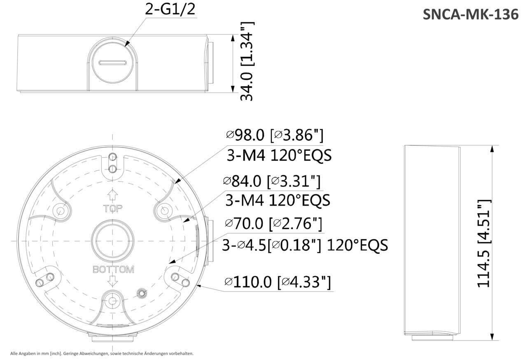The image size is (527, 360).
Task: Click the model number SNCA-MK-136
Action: coord(471,14)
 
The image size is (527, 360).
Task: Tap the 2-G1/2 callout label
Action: coord(170,9)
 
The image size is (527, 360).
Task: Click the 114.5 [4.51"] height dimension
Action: coord(484,243)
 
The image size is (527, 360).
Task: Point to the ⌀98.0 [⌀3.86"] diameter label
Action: coord(275,135)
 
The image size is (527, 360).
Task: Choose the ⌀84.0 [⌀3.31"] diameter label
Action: coord(271,181)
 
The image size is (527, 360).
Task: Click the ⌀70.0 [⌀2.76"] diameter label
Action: coord(273,224)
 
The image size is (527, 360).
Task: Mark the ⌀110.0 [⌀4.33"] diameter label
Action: coord(277,282)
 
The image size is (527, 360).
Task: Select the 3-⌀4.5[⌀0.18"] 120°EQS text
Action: coord(305,245)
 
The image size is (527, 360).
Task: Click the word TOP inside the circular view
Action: coord(113,209)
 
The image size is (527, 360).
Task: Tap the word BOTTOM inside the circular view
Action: coord(113,270)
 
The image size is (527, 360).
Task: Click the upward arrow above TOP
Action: coord(113,195)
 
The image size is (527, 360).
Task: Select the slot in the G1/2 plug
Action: coord(112,63)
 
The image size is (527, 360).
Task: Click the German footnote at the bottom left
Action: coord(102,353)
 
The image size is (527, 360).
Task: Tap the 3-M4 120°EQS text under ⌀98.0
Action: coord(279,156)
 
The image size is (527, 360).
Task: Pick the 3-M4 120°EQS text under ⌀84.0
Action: coord(278,200)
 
